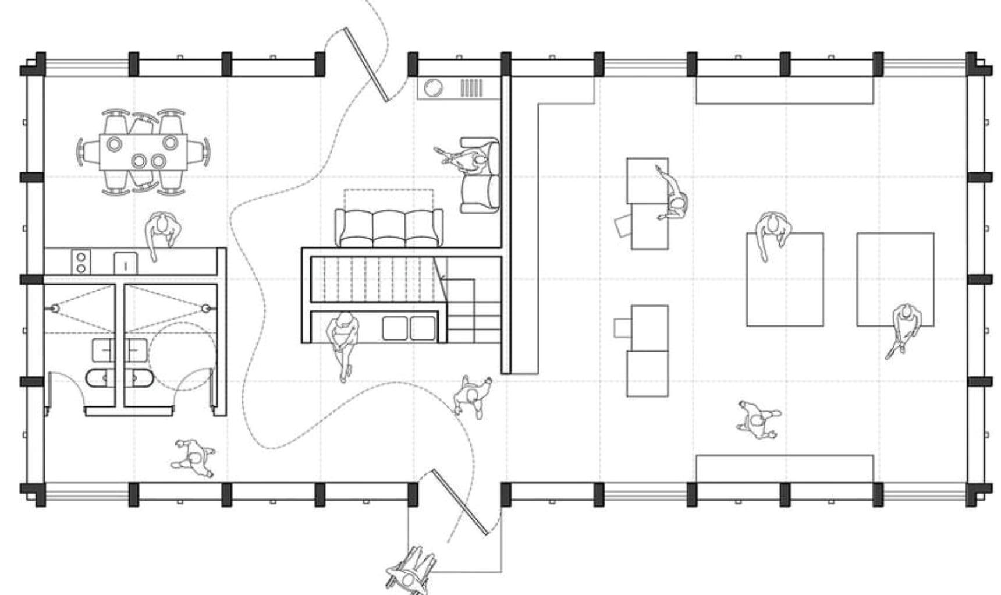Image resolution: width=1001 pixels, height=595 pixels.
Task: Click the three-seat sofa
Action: tap(388, 228)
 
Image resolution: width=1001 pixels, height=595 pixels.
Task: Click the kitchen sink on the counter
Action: tap(126, 263)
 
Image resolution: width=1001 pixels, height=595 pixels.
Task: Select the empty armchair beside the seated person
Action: tap(481, 194)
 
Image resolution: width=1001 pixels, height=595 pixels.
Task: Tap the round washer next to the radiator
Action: tap(433, 88)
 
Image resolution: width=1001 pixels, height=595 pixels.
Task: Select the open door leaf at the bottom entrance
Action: tap(460, 501)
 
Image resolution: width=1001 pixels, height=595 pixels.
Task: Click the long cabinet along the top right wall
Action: tap(785, 90)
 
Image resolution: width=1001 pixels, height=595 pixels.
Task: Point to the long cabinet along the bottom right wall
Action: tap(785, 469)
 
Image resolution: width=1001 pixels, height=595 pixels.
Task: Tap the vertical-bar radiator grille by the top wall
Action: tap(472, 88)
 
